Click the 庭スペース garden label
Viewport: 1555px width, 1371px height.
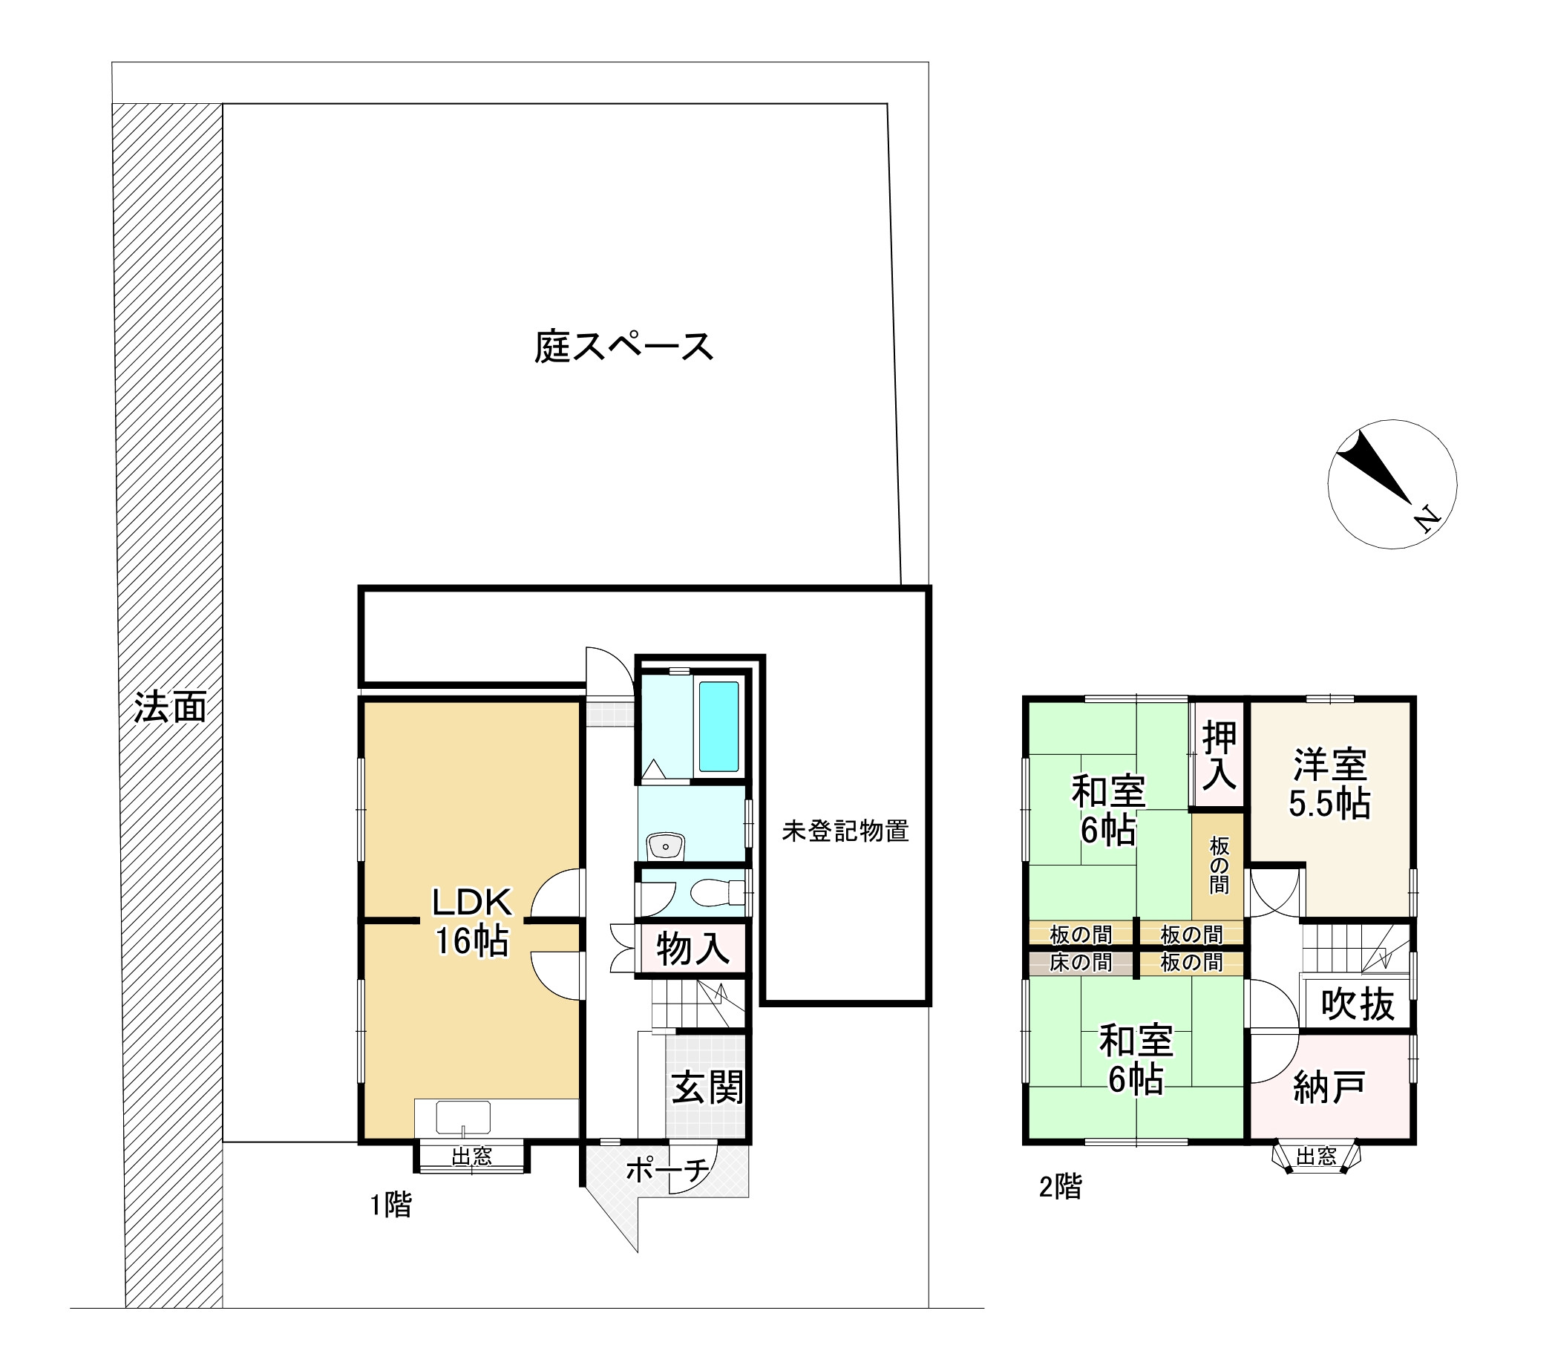pos(623,347)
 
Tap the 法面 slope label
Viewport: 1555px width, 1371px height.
pos(171,707)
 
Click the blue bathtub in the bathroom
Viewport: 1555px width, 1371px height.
pos(718,727)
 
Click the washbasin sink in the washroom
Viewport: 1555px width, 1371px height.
pos(666,845)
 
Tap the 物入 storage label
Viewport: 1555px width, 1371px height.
pos(693,949)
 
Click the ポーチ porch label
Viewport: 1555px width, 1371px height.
pos(667,1170)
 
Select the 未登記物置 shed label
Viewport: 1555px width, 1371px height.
pos(845,831)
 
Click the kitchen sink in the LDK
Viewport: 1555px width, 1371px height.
pos(462,1118)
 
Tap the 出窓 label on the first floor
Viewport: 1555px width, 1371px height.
pos(471,1157)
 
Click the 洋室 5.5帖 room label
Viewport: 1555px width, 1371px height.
pos(1330,784)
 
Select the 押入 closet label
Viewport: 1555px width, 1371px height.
pos(1219,756)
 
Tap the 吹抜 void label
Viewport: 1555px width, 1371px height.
pos(1358,1004)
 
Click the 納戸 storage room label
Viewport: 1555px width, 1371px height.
pos(1329,1088)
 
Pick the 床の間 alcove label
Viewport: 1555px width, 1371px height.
pos(1080,963)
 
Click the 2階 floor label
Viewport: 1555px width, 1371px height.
pos(1061,1186)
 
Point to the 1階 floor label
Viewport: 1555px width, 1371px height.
pos(391,1205)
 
